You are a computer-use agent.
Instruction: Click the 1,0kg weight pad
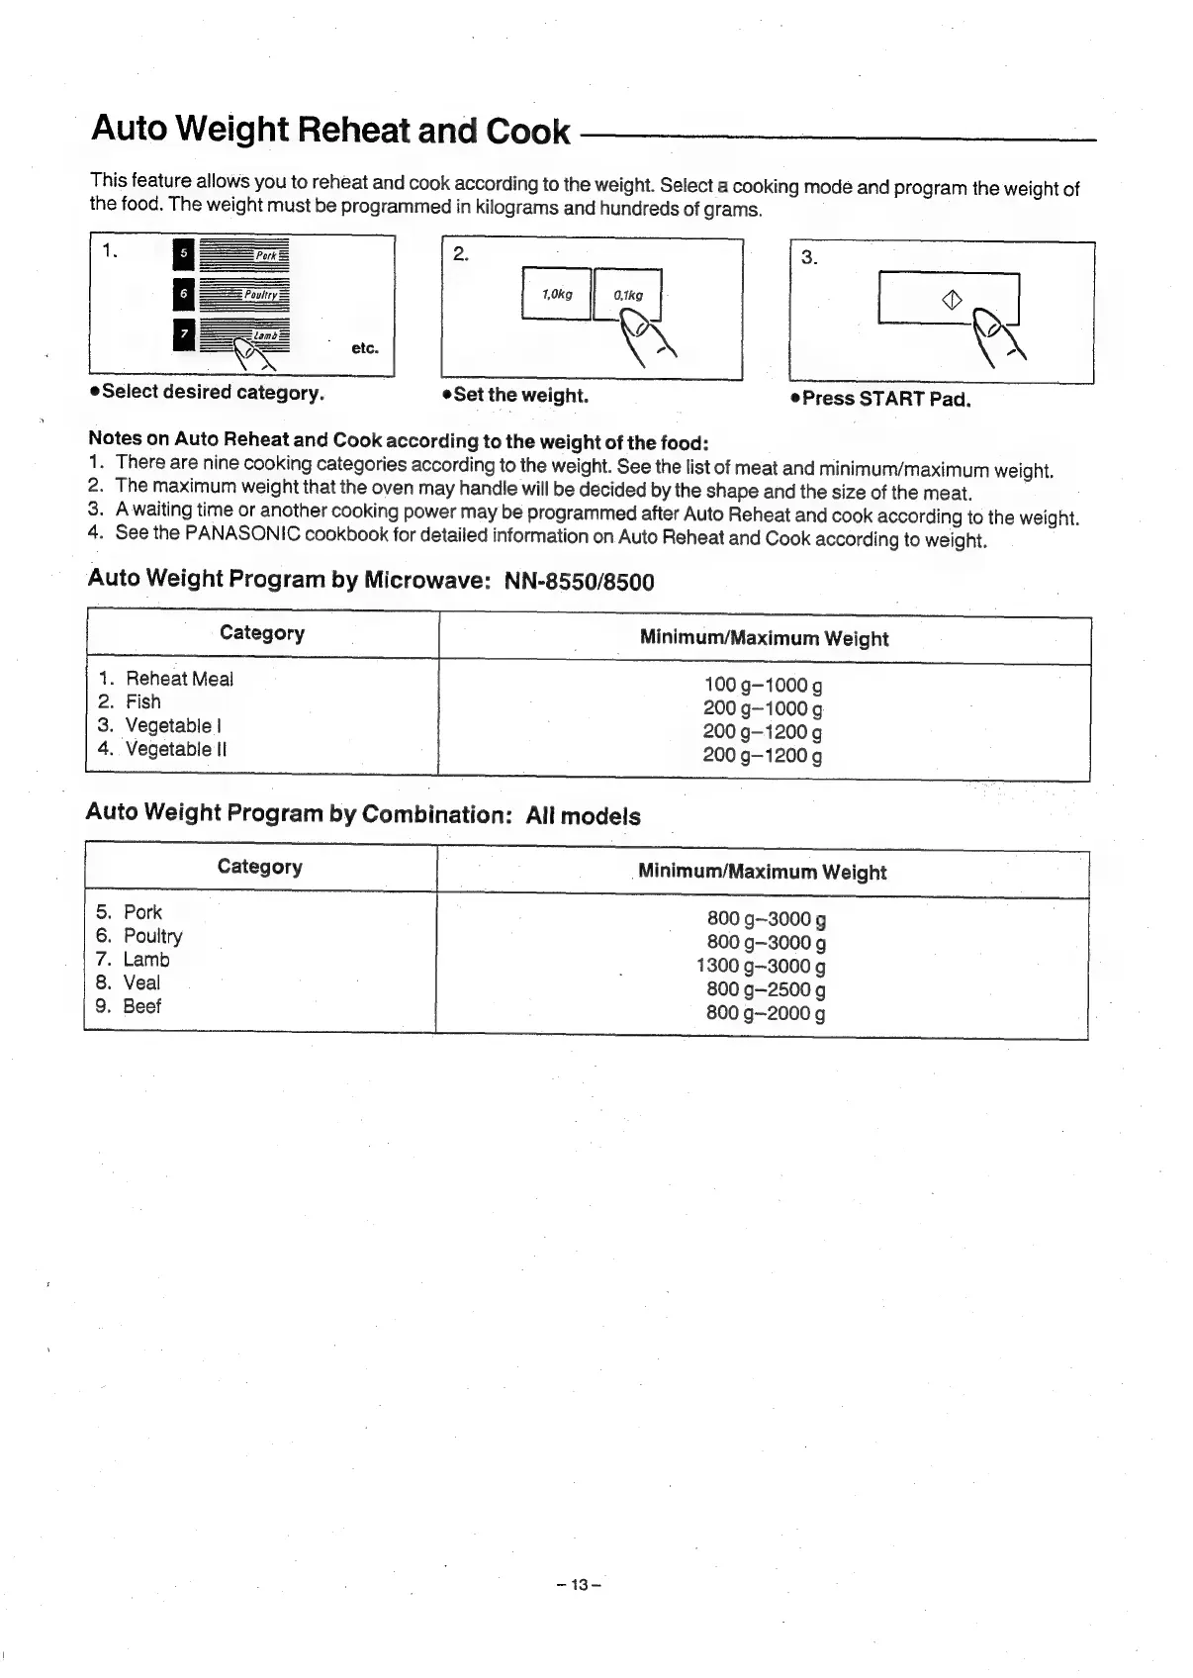(556, 294)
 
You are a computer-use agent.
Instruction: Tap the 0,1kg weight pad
(627, 295)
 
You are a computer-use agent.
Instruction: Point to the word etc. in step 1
(365, 348)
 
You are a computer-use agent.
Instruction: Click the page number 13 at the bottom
(579, 1584)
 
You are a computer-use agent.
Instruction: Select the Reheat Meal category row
(179, 679)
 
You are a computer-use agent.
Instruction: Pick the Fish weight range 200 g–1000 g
(762, 708)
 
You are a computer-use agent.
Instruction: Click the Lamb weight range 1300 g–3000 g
(761, 966)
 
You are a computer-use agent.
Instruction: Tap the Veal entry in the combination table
(141, 982)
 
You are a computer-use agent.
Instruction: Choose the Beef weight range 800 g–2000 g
(766, 1012)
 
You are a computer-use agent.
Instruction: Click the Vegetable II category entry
(175, 749)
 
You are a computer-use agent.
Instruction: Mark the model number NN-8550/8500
(580, 581)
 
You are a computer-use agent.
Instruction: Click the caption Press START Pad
(885, 400)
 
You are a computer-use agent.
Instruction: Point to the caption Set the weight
(520, 396)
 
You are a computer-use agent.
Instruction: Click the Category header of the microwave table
(262, 633)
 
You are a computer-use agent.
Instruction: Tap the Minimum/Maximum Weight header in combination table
(762, 872)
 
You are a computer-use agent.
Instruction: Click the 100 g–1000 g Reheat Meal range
(763, 685)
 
